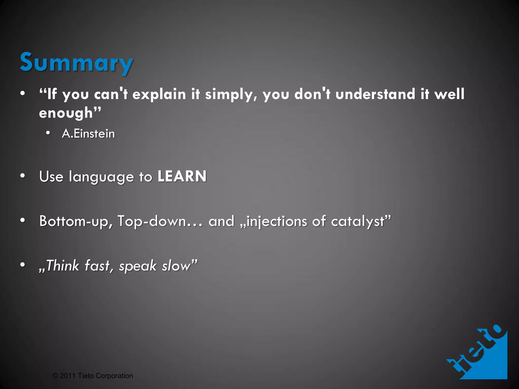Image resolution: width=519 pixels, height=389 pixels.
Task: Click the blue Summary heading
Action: [76, 62]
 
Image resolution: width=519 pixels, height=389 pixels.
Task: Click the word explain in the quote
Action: [159, 94]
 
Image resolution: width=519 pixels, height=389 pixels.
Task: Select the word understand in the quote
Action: [375, 94]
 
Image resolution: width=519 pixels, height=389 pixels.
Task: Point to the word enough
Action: [66, 113]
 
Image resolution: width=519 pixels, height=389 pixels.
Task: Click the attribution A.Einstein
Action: [88, 134]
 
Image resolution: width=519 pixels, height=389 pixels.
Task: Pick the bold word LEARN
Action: [182, 176]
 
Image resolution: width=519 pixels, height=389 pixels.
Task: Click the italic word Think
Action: [62, 266]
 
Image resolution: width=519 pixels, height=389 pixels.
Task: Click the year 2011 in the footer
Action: [68, 376]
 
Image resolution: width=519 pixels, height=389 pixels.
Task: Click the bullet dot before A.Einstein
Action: [48, 133]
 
